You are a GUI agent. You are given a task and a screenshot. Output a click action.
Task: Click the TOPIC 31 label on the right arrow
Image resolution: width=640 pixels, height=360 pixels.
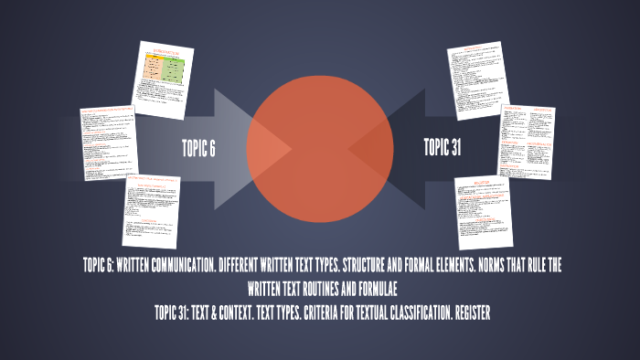[442, 148]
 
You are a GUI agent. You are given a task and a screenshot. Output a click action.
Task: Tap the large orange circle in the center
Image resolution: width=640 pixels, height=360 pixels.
[319, 137]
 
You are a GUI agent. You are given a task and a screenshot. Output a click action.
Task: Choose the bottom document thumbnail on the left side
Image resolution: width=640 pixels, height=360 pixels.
[150, 211]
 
